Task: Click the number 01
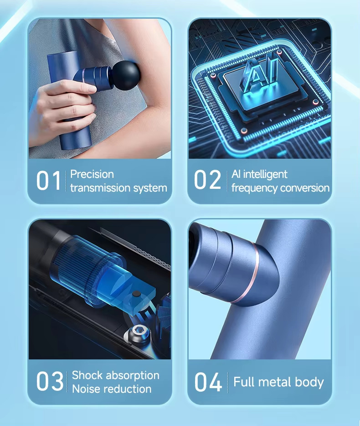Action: tap(48, 181)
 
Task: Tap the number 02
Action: tap(207, 179)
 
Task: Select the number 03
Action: tap(50, 381)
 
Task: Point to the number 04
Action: tap(208, 382)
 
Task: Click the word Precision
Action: tap(92, 174)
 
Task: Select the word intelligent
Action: tap(265, 174)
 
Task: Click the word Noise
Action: tap(86, 389)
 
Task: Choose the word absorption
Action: tap(133, 376)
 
